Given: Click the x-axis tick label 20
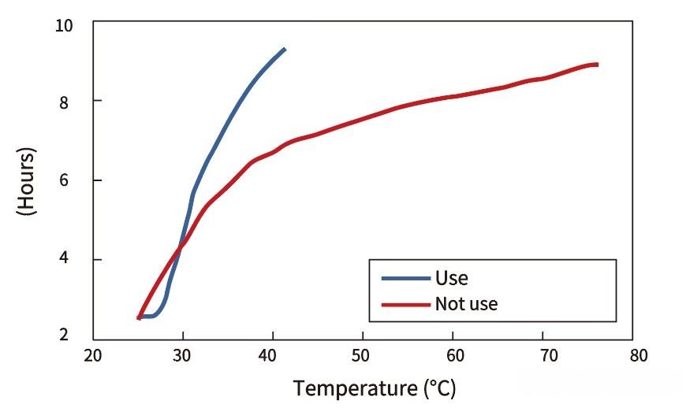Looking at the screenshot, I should click(93, 355).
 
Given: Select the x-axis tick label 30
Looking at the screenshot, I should click(183, 355).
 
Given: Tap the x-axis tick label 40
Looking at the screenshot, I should click(272, 355).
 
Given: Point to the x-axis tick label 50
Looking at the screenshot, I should click(362, 355).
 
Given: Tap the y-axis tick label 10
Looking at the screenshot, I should click(64, 25).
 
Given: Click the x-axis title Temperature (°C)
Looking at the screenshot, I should click(375, 388).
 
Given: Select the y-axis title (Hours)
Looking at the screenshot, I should click(26, 180).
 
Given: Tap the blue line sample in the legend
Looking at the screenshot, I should click(405, 278).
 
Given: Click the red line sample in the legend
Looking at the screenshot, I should click(405, 303).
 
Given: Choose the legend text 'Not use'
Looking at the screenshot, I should click(466, 303).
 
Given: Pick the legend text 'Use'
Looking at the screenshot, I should click(451, 278).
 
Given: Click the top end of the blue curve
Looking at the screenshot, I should click(284, 50).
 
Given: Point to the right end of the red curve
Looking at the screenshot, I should click(597, 65).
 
